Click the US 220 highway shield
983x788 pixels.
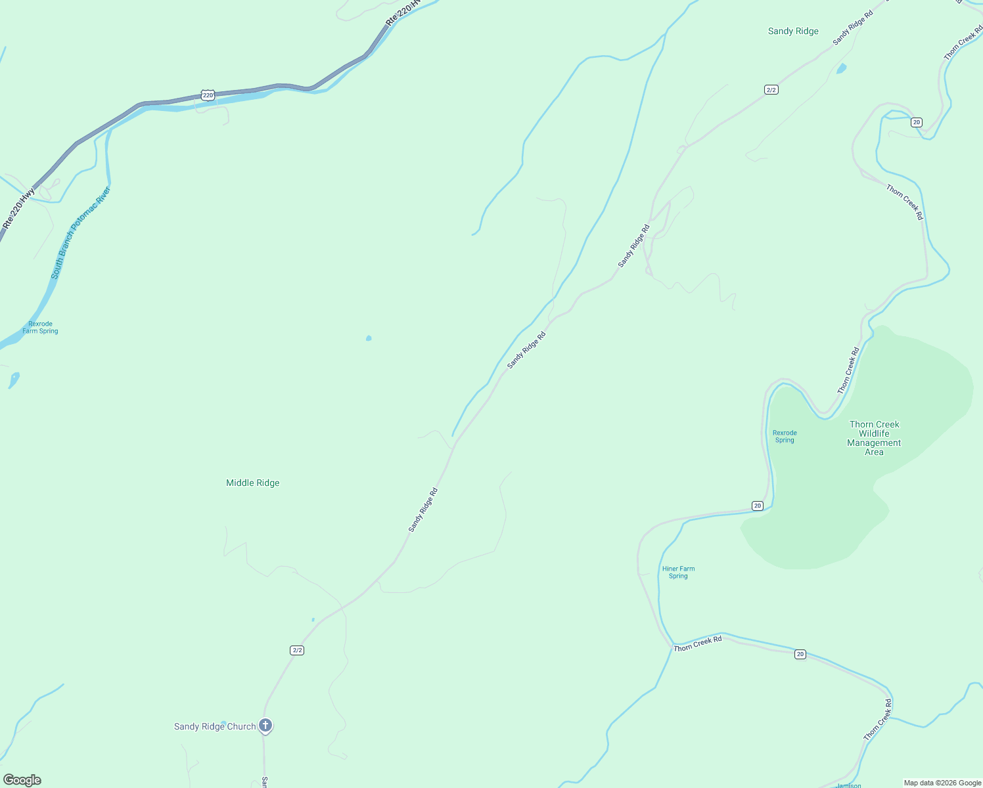click(208, 95)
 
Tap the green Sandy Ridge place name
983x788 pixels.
click(793, 31)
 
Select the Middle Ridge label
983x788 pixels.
click(252, 483)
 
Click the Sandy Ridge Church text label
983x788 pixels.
click(215, 726)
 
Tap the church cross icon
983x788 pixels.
click(265, 725)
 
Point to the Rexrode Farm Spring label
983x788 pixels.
click(40, 328)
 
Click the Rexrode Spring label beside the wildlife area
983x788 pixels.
click(785, 437)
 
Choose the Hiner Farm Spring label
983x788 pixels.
click(678, 573)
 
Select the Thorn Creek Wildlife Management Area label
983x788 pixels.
click(874, 438)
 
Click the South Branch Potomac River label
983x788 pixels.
click(81, 233)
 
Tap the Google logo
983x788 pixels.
click(22, 780)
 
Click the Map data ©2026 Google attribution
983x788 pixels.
click(942, 783)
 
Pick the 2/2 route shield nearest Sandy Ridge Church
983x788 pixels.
click(297, 650)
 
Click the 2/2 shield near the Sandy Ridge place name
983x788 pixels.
click(771, 89)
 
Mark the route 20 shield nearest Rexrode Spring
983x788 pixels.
click(758, 506)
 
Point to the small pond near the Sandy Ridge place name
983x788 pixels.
click(841, 68)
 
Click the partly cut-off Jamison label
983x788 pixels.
click(848, 785)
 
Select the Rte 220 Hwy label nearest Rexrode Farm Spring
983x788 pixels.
click(18, 208)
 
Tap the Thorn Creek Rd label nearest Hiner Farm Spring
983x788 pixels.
click(698, 644)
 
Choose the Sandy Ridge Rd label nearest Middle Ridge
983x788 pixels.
click(423, 510)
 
